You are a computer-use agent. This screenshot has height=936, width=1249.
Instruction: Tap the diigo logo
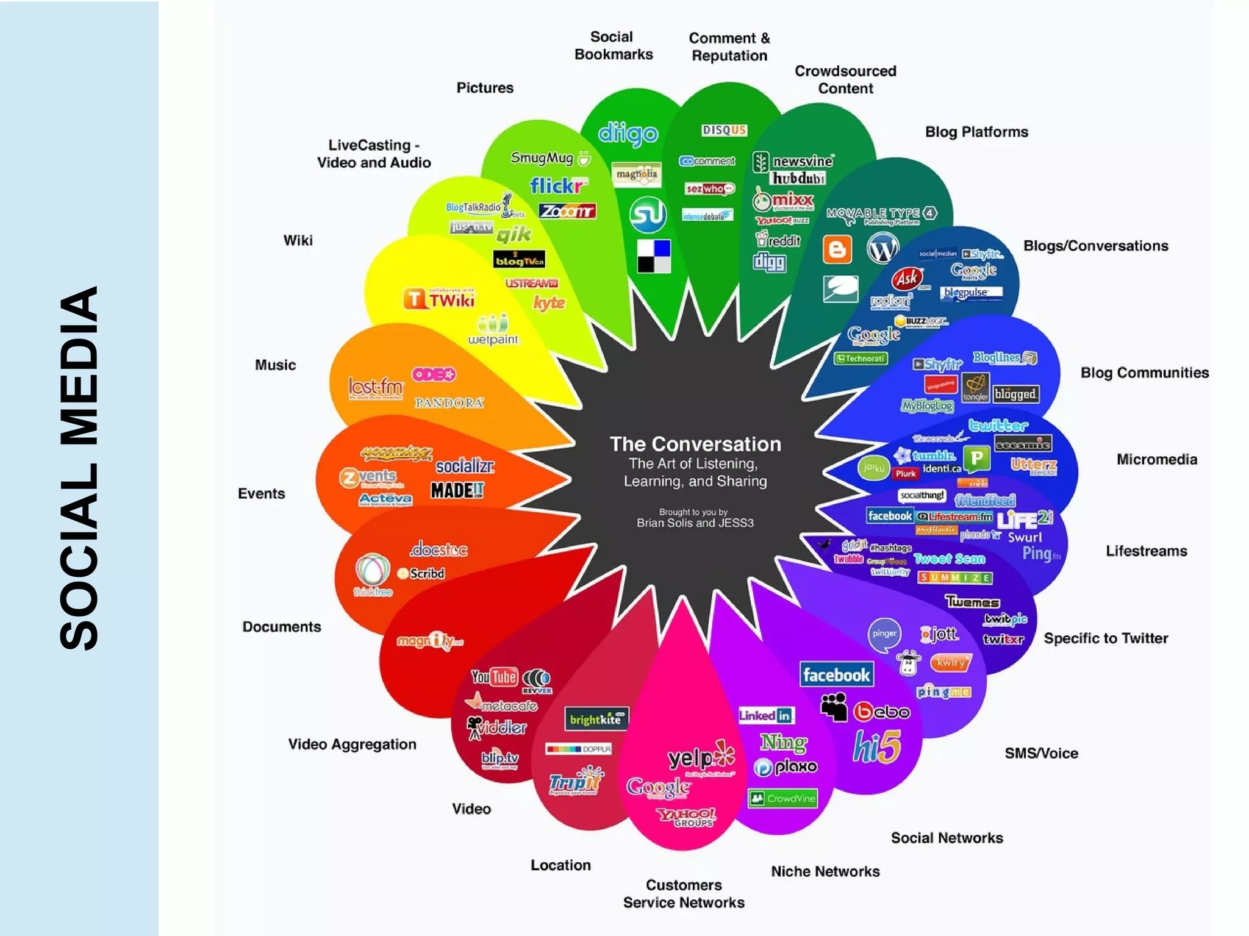tap(628, 134)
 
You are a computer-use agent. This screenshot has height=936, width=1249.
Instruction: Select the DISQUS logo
tap(724, 130)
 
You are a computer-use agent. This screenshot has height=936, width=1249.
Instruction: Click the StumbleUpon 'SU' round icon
tap(647, 214)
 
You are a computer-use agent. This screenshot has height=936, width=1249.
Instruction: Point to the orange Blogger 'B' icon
tap(837, 249)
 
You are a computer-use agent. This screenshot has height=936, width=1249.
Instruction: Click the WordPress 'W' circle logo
tap(882, 248)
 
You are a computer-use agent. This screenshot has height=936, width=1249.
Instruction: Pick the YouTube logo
tap(494, 677)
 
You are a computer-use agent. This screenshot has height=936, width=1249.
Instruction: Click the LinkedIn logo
tap(765, 715)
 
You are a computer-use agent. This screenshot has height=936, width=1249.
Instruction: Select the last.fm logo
tap(376, 387)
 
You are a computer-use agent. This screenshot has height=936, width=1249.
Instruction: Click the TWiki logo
tap(438, 299)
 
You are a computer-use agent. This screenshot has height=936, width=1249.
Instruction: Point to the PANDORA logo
tap(449, 402)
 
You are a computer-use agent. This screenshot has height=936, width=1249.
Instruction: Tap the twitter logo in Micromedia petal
tap(998, 425)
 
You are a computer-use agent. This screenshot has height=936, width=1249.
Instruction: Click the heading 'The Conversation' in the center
tap(695, 443)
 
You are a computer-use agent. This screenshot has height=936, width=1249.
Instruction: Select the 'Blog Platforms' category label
tap(976, 132)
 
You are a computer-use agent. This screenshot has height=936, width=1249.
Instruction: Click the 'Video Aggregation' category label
tap(352, 744)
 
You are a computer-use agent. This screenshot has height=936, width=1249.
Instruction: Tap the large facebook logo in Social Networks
tap(836, 674)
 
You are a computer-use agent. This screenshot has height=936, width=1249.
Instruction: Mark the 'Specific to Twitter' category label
tap(1105, 638)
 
